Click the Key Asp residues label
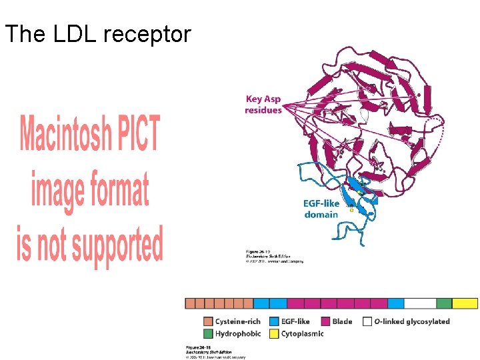click(263, 104)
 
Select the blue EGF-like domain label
click(321, 209)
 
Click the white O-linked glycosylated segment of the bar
click(420, 303)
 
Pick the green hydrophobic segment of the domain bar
click(444, 303)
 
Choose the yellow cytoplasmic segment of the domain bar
click(465, 303)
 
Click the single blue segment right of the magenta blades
click(396, 303)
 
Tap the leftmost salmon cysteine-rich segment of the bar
click(190, 303)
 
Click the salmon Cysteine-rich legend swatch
click(208, 321)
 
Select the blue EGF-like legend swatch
click(274, 321)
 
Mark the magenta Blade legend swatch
click(326, 321)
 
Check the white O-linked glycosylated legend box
click(367, 321)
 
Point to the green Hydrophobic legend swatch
click(208, 333)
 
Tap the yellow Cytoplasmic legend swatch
click(274, 333)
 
